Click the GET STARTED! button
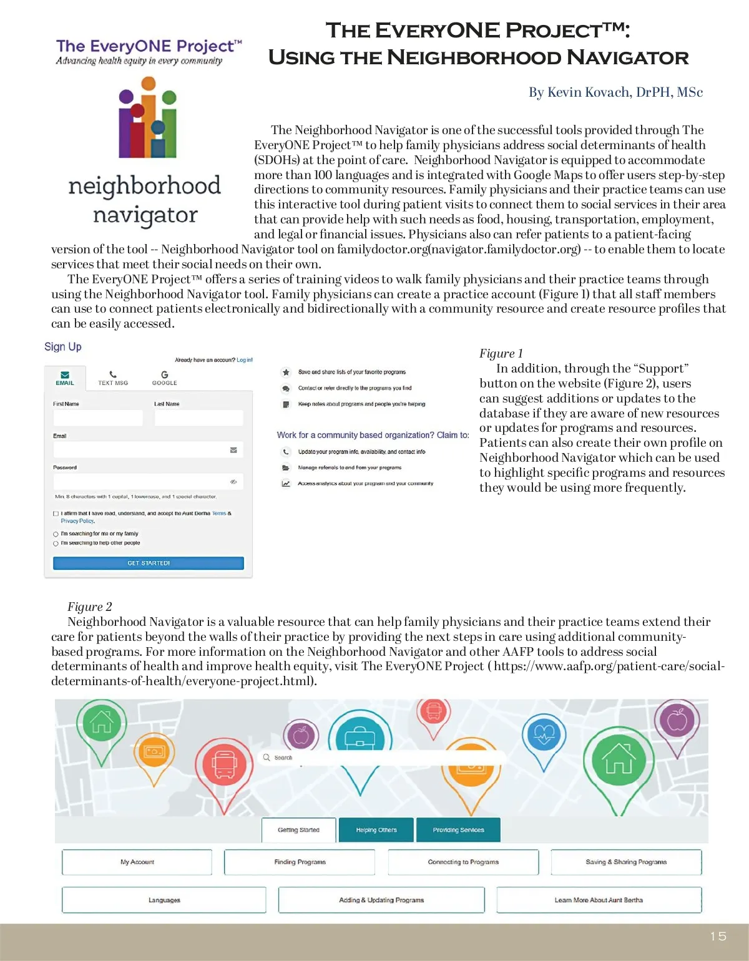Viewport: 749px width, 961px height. (149, 563)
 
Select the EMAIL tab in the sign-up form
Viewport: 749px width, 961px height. (65, 378)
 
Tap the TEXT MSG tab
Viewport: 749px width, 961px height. (113, 378)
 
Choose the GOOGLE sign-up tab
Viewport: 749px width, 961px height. (165, 378)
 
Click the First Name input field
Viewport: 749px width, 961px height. (98, 418)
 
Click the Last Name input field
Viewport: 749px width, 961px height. (198, 418)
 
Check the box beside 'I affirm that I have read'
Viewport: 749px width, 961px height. (56, 514)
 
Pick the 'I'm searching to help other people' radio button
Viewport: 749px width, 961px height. (56, 544)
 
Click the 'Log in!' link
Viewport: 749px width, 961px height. (245, 360)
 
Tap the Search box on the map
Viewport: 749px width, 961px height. (381, 758)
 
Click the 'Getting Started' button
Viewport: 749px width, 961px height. (298, 830)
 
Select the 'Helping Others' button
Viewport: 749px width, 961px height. (376, 830)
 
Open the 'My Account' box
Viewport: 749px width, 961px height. (137, 862)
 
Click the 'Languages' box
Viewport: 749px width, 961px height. (164, 900)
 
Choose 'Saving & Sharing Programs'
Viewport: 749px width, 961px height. (626, 862)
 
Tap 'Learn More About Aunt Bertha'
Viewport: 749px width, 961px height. (599, 900)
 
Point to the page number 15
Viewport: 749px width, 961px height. (718, 936)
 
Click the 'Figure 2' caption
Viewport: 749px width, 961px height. (90, 607)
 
